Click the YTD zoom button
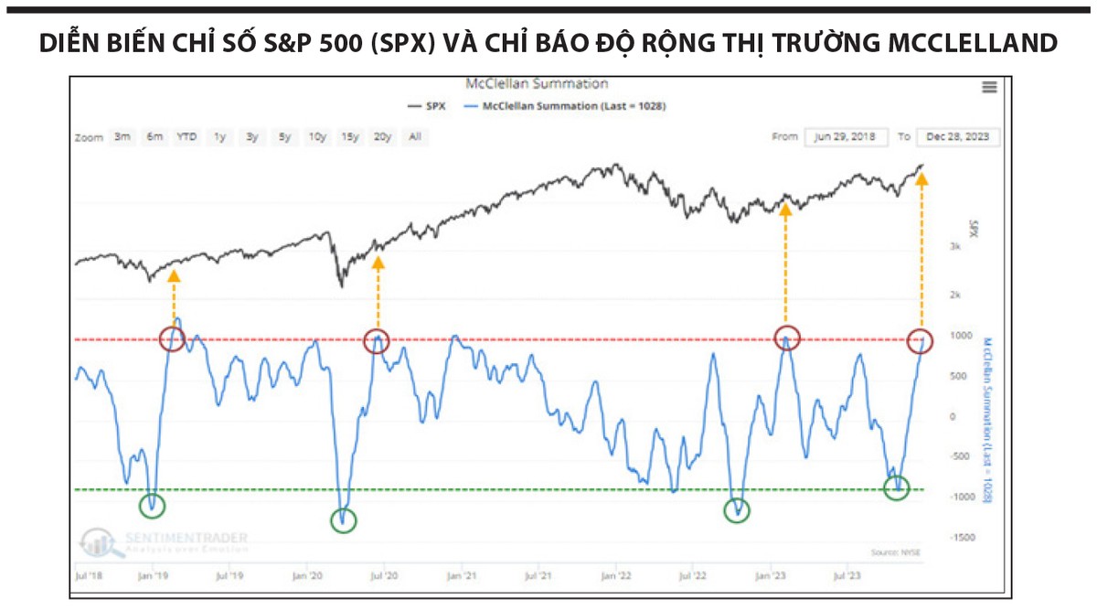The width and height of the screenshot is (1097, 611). (x=186, y=137)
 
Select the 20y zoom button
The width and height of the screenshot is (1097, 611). (x=382, y=137)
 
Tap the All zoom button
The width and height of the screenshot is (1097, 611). (x=414, y=137)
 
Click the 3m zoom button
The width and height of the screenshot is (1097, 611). (x=122, y=137)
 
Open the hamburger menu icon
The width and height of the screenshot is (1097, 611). (x=989, y=87)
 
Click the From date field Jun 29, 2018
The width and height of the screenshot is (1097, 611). (x=847, y=137)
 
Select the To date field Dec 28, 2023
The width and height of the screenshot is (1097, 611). (x=958, y=137)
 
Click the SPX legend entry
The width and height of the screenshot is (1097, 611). (x=431, y=106)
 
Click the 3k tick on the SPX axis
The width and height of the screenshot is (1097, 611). (x=953, y=247)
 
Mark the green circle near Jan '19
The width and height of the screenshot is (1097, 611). (x=153, y=504)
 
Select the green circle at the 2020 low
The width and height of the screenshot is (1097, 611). (x=343, y=520)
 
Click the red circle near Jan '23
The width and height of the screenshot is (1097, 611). (x=786, y=338)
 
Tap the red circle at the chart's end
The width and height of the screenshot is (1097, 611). (x=921, y=340)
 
